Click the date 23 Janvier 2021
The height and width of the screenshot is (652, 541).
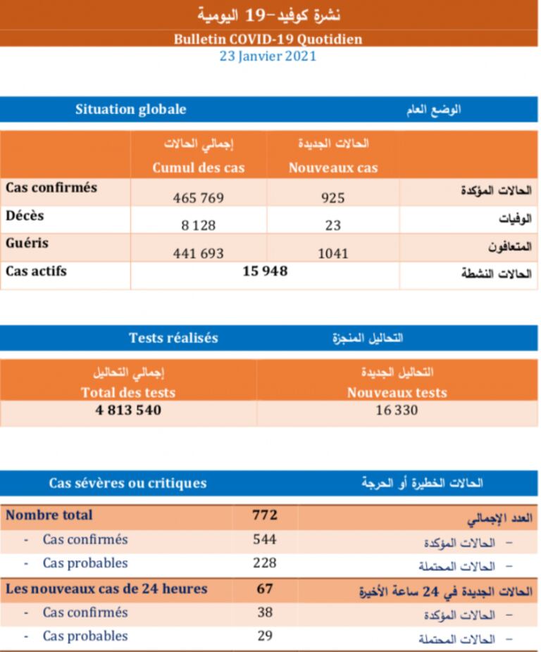pos(268,57)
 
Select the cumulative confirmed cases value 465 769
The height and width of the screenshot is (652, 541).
pos(199,199)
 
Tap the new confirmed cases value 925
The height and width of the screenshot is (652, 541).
pos(332,199)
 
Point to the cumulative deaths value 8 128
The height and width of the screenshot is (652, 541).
pos(199,226)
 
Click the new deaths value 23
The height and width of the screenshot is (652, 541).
pos(333,226)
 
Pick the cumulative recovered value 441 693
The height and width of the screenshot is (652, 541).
pos(199,253)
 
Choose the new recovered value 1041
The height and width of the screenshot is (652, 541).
pos(332,253)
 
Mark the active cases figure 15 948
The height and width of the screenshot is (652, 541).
pos(265,271)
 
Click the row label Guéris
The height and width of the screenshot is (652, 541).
pos(27,243)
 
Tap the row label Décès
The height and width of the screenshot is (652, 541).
pos(25,215)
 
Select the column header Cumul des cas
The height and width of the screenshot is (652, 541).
pos(199,168)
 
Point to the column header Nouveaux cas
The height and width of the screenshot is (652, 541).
pos(333,168)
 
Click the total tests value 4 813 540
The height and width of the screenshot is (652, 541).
pos(128,409)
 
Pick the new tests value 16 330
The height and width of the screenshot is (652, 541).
pos(397,409)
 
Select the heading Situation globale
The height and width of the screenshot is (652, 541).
pos(131,109)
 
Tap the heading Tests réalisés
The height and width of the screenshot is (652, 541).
pos(173,338)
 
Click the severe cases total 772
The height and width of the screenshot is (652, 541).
pos(265,515)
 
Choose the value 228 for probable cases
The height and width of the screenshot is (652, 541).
pos(265,563)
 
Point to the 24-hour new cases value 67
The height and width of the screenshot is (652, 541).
pos(265,588)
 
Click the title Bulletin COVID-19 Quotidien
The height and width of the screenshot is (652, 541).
pos(268,39)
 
